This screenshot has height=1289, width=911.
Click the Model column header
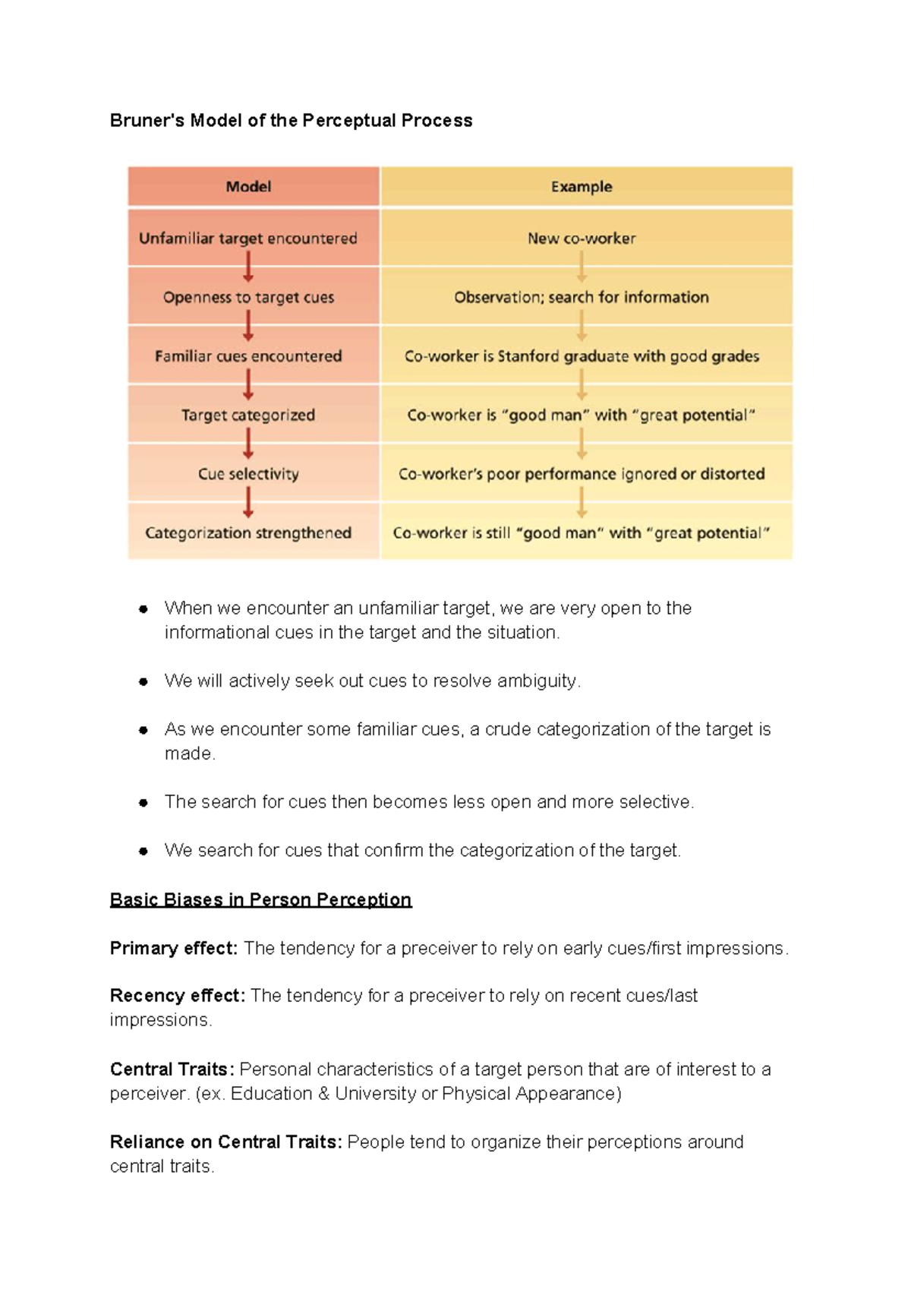(248, 187)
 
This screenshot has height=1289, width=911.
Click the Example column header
(582, 187)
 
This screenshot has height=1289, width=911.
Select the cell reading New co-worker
(582, 239)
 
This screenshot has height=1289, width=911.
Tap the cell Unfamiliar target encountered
(248, 239)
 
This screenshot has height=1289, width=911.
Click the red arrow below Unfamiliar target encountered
(248, 267)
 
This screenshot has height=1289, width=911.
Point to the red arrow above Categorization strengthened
(248, 503)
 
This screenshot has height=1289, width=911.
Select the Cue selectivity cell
(248, 474)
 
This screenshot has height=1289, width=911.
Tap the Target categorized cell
(248, 415)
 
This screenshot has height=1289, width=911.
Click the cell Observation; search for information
(582, 298)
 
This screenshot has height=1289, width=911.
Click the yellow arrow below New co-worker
(582, 267)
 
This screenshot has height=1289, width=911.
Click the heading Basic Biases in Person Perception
(260, 900)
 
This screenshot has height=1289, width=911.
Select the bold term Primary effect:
(174, 949)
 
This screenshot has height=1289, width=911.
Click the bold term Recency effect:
(178, 996)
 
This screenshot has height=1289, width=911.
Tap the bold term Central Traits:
(172, 1069)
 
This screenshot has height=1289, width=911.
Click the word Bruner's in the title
(147, 121)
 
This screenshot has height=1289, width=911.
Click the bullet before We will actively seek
(143, 682)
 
